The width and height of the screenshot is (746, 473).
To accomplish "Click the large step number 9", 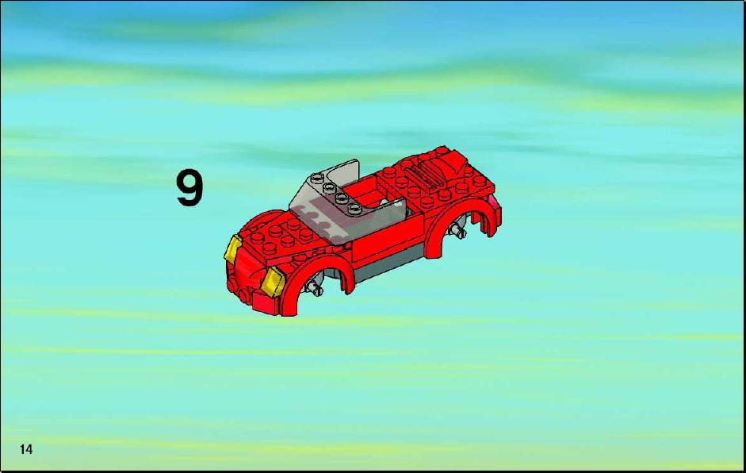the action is coord(189,189).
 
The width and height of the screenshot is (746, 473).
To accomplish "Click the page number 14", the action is coord(26,448).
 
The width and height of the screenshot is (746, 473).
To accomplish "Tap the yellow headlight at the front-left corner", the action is coord(233,248).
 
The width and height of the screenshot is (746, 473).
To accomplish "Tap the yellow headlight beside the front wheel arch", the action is coord(273,282).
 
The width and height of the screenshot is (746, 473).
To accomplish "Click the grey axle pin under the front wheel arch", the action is coord(315,287).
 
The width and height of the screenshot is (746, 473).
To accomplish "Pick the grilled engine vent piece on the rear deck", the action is coord(427,175).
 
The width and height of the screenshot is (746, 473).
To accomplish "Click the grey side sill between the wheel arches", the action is coord(388,267).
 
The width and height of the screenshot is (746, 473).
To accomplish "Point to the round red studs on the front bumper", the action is coord(239,290).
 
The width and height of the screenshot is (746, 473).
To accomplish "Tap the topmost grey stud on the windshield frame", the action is coord(318,178).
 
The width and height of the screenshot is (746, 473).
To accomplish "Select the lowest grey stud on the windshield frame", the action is coord(354,207).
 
